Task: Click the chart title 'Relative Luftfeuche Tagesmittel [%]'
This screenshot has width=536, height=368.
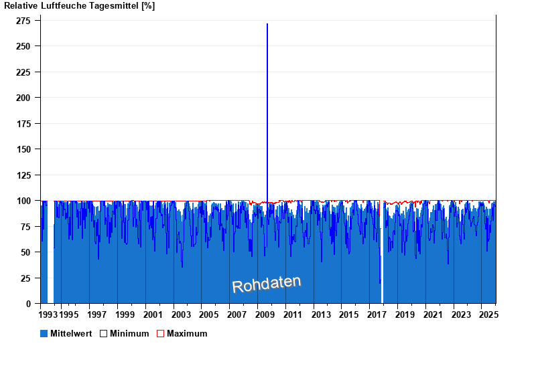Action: [x=79, y=5]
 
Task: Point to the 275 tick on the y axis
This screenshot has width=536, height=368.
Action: [x=23, y=21]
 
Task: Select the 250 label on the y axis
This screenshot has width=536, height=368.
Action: [x=23, y=46]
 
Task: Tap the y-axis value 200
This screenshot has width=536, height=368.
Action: [x=23, y=98]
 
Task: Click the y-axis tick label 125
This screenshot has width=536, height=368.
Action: [x=23, y=175]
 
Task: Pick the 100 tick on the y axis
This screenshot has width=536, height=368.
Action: [x=23, y=201]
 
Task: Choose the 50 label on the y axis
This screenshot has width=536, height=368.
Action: [x=26, y=252]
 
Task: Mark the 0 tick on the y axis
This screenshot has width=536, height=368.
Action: [x=29, y=304]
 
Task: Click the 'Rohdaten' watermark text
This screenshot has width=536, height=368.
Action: [x=267, y=284]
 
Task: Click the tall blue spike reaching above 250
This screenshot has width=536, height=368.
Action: [x=267, y=100]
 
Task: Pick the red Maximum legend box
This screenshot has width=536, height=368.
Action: [x=160, y=333]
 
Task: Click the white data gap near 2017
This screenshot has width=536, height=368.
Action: [x=382, y=281]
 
